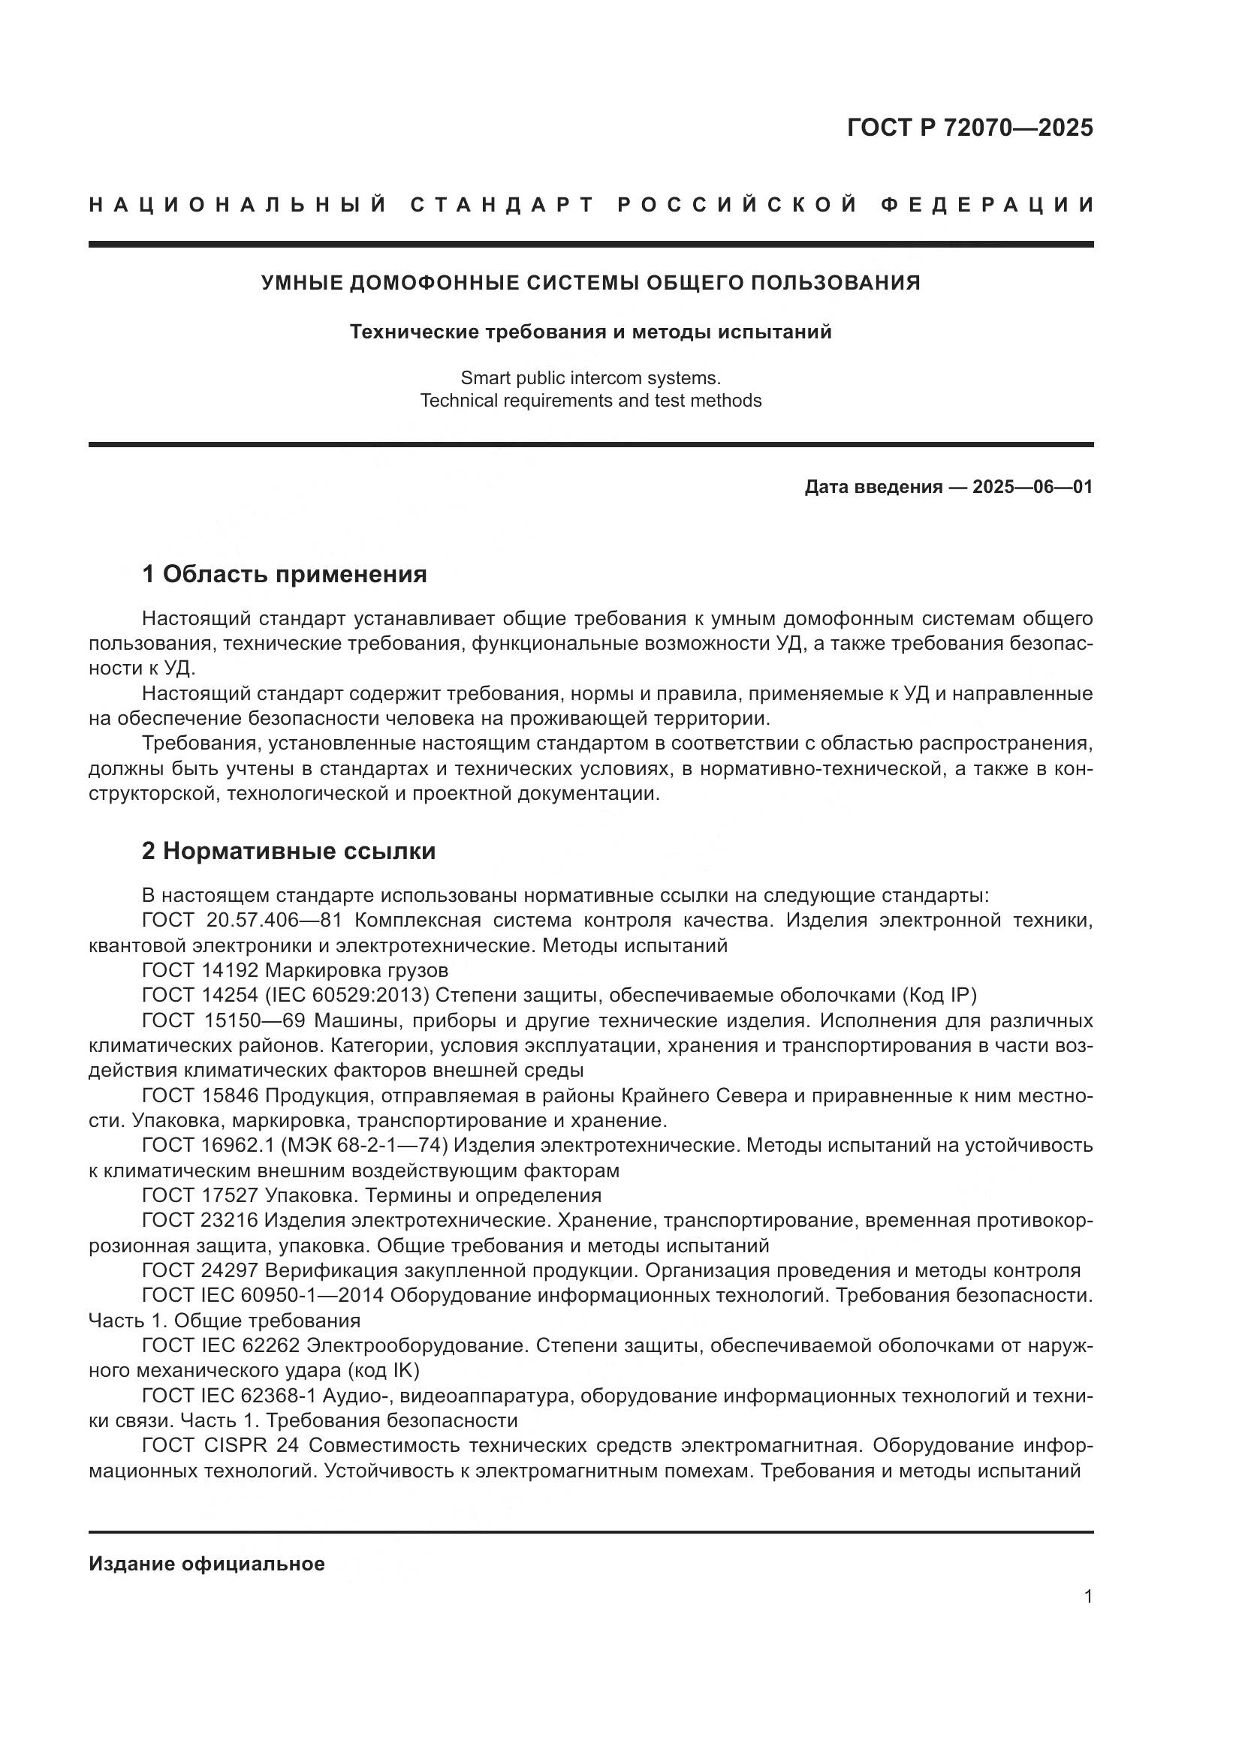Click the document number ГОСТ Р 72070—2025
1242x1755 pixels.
(x=969, y=128)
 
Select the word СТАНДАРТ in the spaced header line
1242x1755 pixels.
(x=502, y=205)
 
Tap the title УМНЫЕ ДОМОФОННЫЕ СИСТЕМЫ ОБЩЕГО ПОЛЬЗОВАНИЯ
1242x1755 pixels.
(x=590, y=283)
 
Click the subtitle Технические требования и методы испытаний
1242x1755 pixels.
(x=590, y=332)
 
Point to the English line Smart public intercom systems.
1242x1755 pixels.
(x=590, y=377)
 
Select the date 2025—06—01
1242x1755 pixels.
(x=1032, y=487)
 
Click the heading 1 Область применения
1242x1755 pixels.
(x=285, y=573)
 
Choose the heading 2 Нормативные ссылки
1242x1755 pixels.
(x=288, y=851)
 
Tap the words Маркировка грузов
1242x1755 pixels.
(x=357, y=971)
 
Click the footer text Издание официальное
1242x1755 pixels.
(x=206, y=1564)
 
